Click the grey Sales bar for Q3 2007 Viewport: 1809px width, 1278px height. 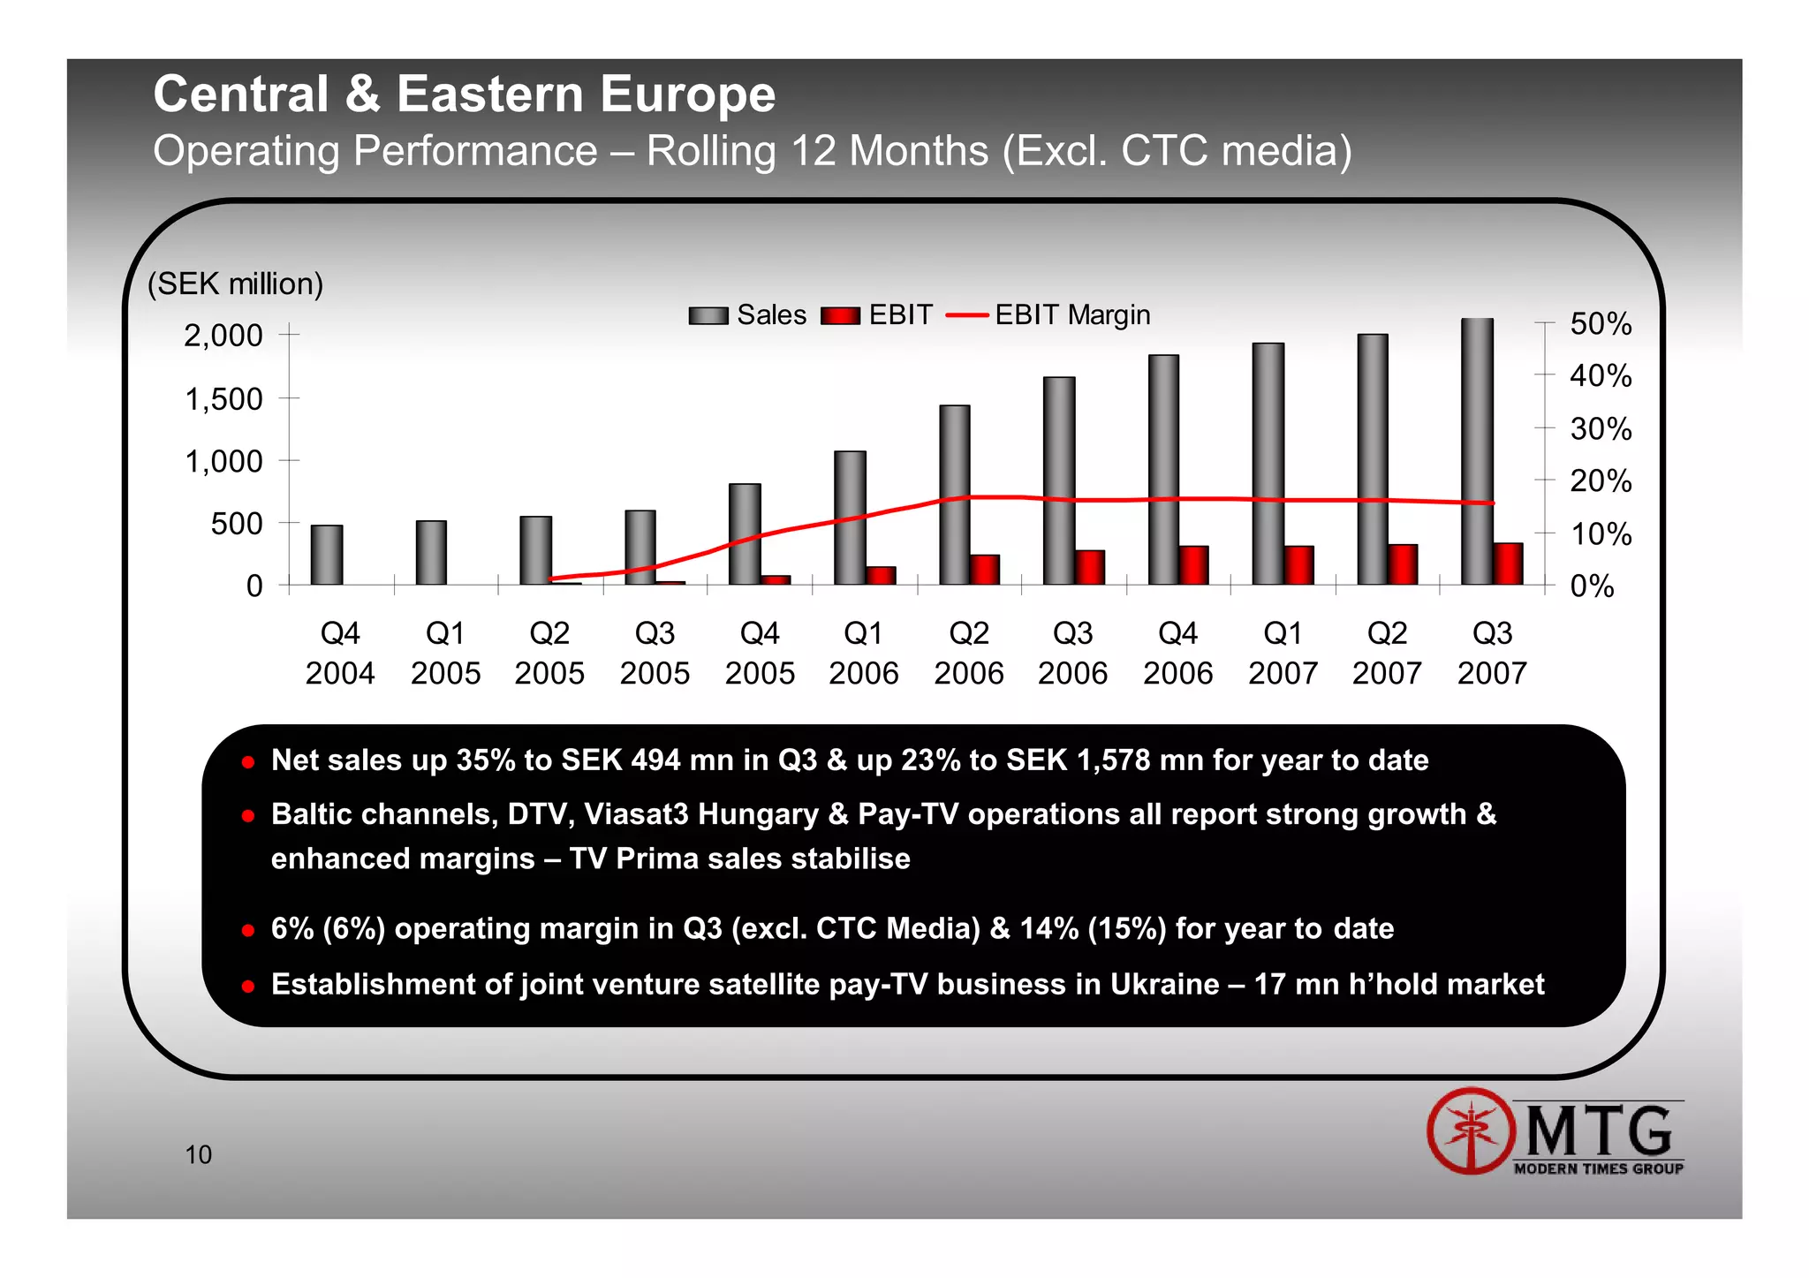coord(1477,450)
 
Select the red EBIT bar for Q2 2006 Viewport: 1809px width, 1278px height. coord(985,570)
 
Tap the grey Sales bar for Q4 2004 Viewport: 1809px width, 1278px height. coord(327,555)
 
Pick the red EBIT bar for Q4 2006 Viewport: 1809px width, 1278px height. coord(1194,565)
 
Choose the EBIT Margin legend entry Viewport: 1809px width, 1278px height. coord(1048,315)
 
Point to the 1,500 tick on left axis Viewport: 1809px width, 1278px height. coord(223,399)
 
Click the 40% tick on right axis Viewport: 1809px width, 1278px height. coord(1600,376)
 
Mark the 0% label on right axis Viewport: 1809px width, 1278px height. coord(1591,586)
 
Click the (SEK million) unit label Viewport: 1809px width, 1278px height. coord(235,284)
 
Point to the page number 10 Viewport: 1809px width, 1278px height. coord(198,1155)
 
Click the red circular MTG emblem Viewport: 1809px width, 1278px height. coord(1470,1131)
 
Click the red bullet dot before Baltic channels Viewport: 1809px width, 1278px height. coord(248,816)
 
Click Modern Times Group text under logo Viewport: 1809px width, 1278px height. coord(1598,1169)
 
